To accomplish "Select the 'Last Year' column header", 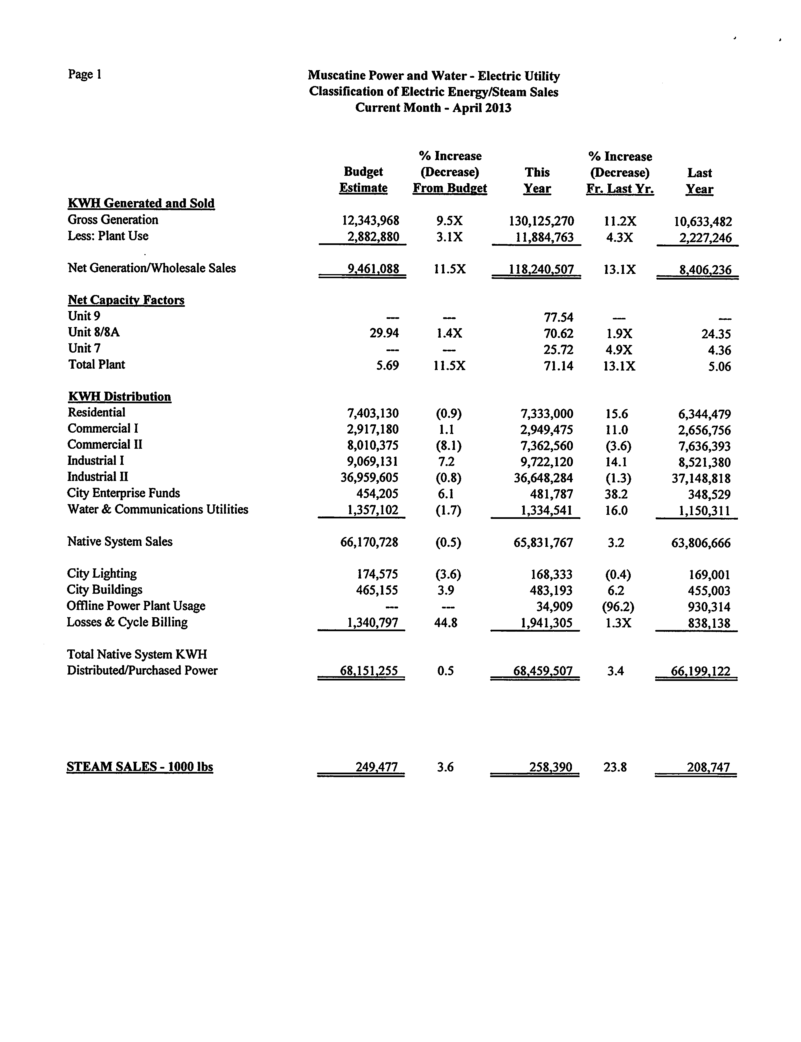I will click(700, 181).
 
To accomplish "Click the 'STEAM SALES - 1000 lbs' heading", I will click(140, 767).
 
